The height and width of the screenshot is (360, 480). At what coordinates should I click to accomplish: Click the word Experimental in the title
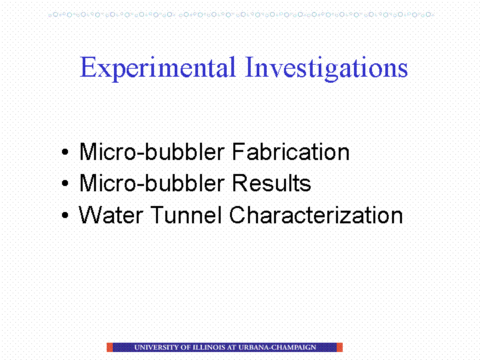coord(157,69)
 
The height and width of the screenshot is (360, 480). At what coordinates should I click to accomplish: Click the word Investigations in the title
coord(326,69)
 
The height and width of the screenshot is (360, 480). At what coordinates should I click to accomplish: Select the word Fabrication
coord(291,151)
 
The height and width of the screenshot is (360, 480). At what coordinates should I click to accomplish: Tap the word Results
coord(271,183)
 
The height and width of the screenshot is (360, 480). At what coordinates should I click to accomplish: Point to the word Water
coord(111,215)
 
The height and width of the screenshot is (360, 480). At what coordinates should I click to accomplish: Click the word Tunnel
coord(186,215)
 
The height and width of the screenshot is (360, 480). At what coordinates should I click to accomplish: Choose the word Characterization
coord(316,215)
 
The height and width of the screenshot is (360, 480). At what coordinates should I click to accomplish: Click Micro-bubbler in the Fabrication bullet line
coord(152,151)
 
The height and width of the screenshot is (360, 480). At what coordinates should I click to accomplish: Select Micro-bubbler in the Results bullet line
coord(152,183)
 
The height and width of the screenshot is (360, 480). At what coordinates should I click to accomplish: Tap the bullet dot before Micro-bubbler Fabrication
coord(65,152)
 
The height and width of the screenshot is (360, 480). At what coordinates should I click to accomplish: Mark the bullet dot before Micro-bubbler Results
coord(65,183)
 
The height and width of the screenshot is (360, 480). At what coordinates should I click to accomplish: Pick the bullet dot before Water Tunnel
coord(65,215)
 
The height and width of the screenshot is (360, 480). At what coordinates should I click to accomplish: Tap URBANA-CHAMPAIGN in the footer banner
coord(277,347)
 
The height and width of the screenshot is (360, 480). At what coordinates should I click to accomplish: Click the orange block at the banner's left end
coord(109,347)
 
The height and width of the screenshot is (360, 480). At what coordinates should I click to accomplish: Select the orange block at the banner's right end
coord(339,347)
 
